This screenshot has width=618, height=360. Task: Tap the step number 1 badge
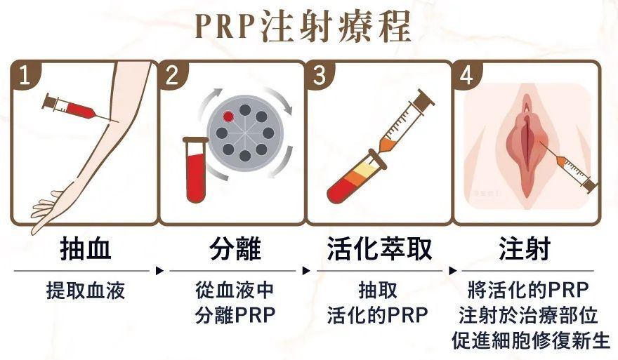point(25,75)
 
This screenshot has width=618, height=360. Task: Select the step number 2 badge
point(172,75)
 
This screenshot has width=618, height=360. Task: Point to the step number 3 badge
point(320,75)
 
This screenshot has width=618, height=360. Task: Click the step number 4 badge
point(467,75)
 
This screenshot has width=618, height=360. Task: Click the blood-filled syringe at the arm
point(75,107)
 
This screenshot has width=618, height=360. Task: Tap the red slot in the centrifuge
point(228,116)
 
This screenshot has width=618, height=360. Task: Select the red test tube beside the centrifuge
point(195,169)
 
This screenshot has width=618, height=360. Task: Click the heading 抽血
point(85,249)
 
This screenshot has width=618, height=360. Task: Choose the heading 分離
point(235,249)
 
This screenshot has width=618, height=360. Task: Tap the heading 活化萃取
point(379,249)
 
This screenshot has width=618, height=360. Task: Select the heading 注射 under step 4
point(525,249)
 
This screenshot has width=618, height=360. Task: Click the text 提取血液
point(86,291)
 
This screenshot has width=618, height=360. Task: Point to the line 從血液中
point(235,291)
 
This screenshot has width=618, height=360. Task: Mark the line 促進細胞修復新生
point(531,340)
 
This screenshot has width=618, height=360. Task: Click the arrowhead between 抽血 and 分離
point(159,271)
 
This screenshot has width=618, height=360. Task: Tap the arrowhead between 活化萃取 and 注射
point(453,271)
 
